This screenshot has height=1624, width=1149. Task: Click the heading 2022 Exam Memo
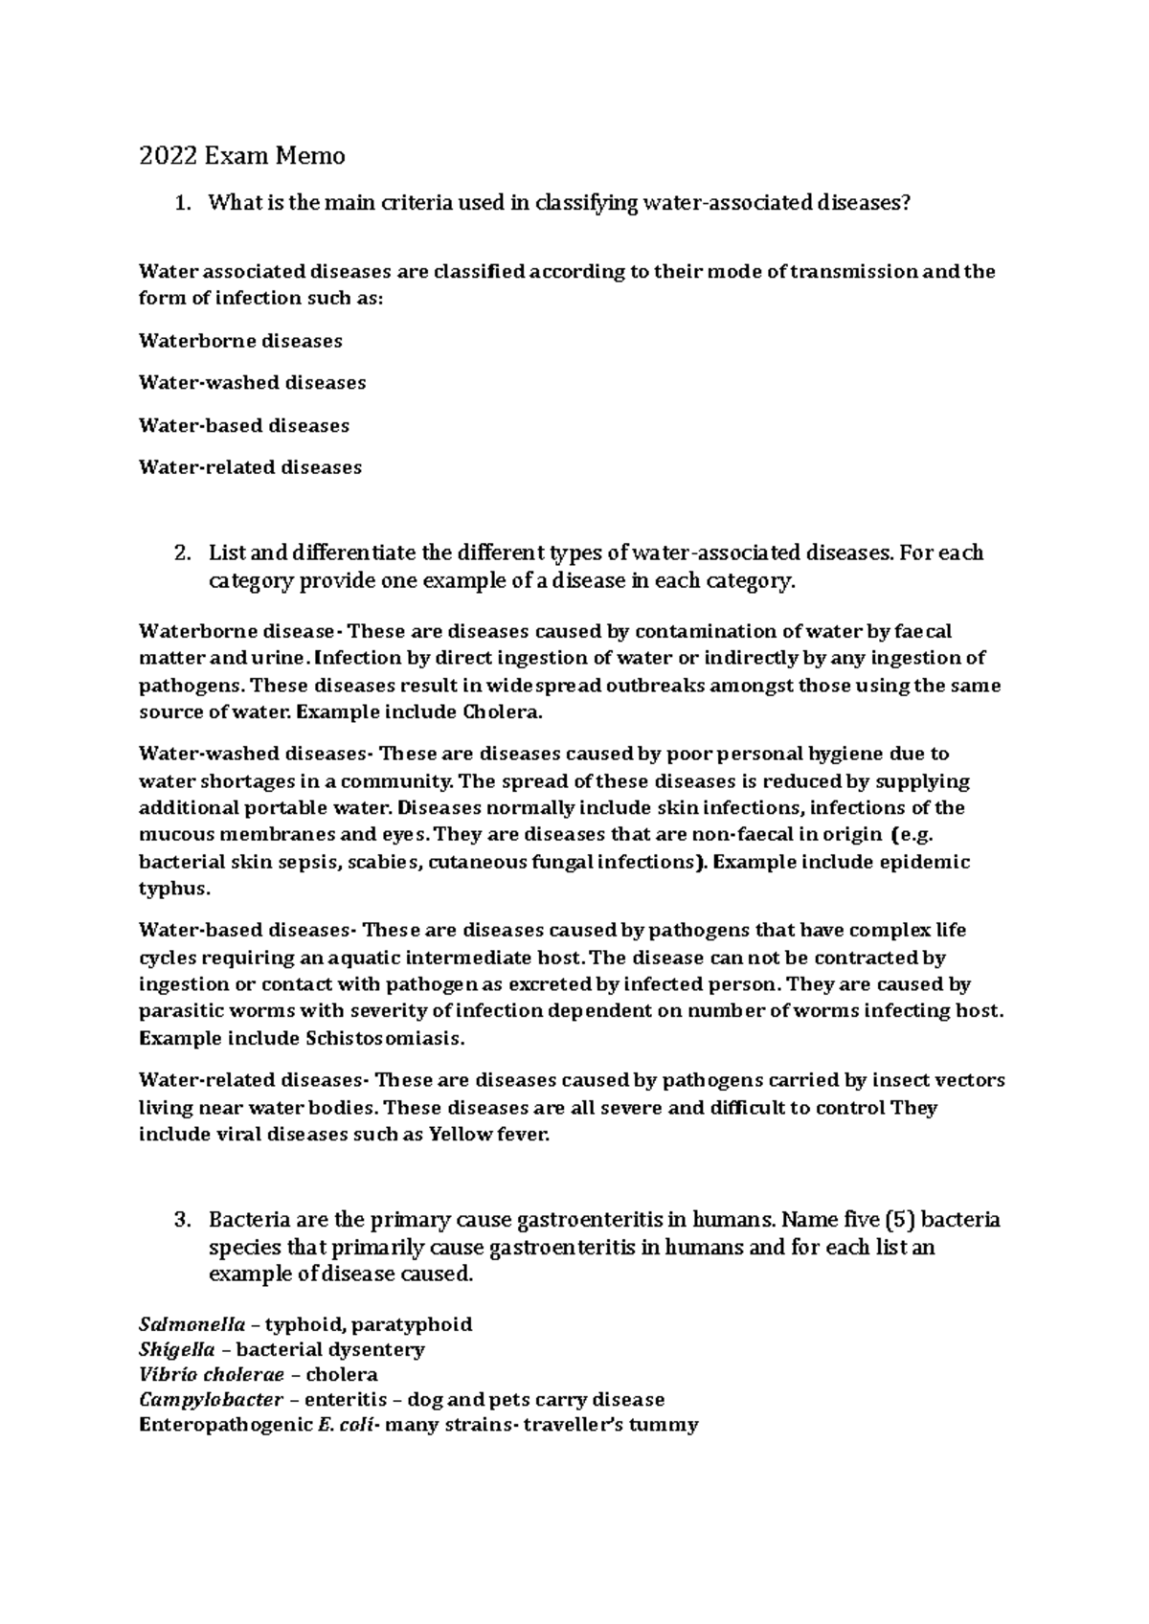pos(241,155)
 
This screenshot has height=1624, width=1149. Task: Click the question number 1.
pos(183,203)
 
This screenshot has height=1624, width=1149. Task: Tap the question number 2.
pos(183,553)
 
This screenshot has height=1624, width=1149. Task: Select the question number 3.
pos(183,1221)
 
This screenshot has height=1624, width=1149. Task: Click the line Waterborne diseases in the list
pos(240,341)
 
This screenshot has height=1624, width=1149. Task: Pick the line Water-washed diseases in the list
pos(252,383)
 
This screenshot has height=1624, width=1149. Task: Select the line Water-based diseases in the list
pos(243,425)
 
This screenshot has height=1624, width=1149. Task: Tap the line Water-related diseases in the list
pos(250,467)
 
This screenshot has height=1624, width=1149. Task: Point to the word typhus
pos(172,889)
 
